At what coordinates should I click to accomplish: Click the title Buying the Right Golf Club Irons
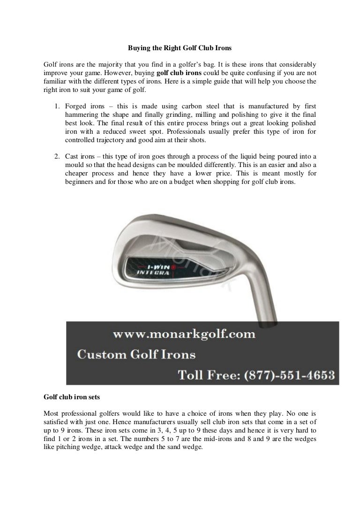point(180,47)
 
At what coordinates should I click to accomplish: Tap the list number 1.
point(54,107)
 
